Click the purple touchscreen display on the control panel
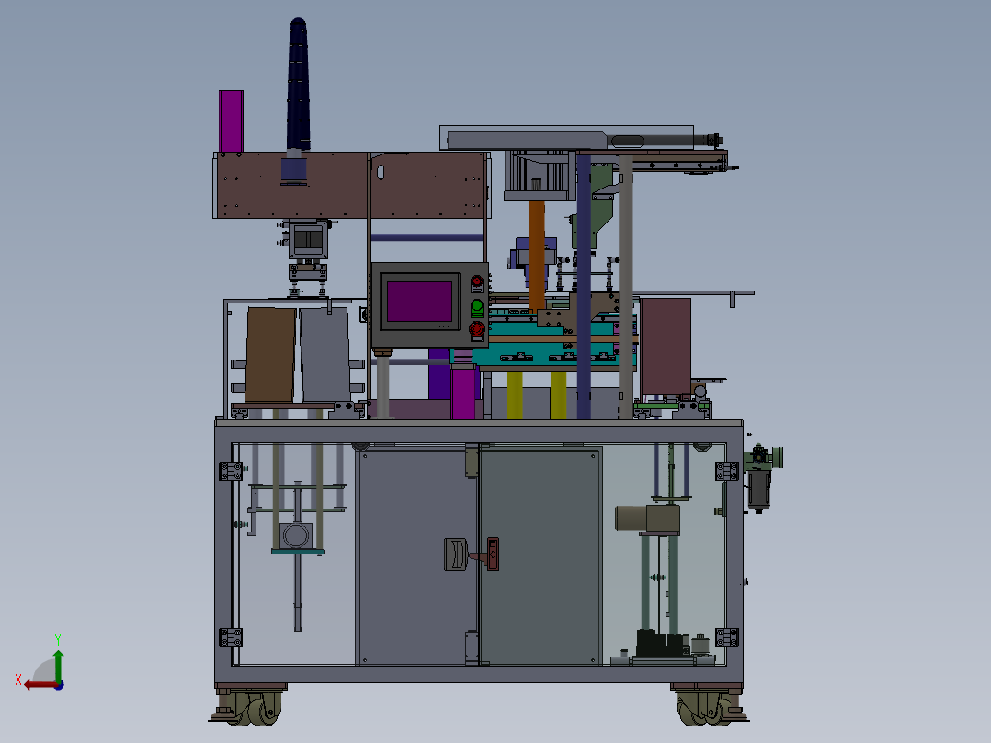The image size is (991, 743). click(x=419, y=302)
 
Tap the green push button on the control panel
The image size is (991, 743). click(x=477, y=308)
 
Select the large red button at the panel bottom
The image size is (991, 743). click(x=476, y=329)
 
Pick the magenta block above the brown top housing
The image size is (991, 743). click(x=232, y=120)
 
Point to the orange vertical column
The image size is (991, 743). click(x=537, y=256)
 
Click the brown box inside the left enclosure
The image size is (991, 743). click(x=270, y=355)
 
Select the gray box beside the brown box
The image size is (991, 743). click(x=325, y=354)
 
